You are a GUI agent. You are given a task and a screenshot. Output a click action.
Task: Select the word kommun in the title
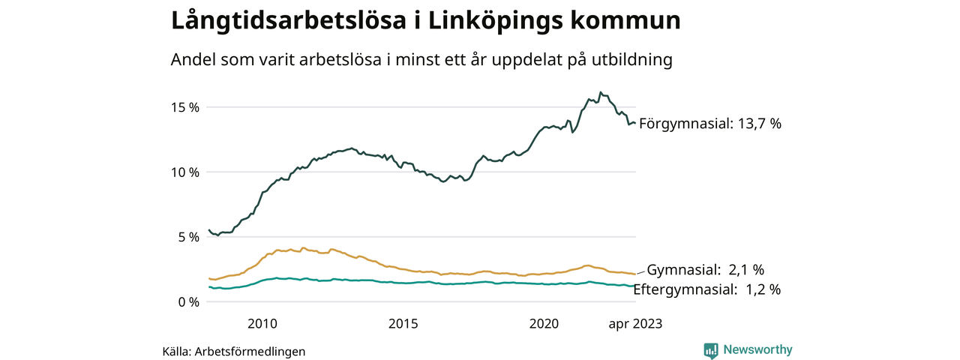[631, 21]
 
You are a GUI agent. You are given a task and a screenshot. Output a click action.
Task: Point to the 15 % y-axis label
[184, 107]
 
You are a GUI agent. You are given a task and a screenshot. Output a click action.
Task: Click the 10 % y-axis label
[184, 172]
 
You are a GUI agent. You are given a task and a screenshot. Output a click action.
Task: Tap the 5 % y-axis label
[187, 237]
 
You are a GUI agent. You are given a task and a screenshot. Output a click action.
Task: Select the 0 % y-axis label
[187, 302]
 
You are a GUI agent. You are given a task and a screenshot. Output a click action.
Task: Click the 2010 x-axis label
[262, 324]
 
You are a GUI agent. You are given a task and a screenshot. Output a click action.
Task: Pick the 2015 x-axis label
[403, 324]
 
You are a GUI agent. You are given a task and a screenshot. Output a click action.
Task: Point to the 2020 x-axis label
[544, 324]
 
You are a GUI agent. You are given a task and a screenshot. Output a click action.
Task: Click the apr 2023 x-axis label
[635, 324]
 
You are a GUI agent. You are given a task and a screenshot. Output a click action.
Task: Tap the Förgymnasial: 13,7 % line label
[709, 124]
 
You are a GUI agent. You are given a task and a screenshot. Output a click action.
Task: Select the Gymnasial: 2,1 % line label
[705, 269]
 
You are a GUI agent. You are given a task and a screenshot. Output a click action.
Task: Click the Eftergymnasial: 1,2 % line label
[707, 289]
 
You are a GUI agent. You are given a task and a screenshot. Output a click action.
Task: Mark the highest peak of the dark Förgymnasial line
[601, 92]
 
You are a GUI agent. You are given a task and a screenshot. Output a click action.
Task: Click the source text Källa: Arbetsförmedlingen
[234, 351]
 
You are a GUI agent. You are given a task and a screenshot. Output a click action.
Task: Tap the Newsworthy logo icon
[711, 350]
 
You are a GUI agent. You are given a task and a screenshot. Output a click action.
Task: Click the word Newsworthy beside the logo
[757, 349]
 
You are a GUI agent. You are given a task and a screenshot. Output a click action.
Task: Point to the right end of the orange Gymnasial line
[635, 274]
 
